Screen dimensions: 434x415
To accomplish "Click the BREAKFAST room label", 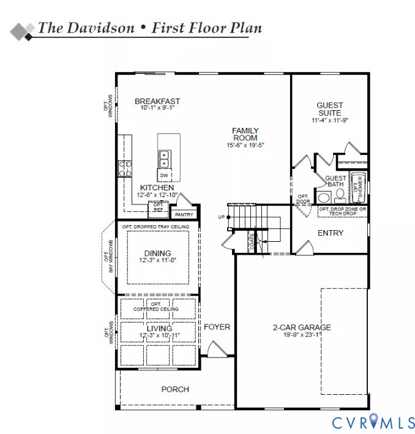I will tap(157, 102).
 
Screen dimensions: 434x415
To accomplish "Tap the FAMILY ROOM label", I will tap(245, 135).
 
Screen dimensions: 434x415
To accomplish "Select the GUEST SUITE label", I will tap(330, 109).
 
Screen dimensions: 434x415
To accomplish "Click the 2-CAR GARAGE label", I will tap(302, 327).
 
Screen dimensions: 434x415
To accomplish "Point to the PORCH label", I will tap(175, 389).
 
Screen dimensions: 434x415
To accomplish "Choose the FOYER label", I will tap(217, 327).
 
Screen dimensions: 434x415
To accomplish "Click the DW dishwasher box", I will tap(164, 176).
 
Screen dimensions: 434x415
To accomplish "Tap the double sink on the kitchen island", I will tap(165, 159).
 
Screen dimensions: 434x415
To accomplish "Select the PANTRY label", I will tap(184, 215).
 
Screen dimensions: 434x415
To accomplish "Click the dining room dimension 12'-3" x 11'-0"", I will tap(157, 260).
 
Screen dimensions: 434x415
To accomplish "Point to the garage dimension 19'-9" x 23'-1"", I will tap(302, 335).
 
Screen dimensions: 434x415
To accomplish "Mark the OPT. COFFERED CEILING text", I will tap(157, 307).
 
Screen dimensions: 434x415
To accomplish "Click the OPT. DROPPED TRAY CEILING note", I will tap(155, 227).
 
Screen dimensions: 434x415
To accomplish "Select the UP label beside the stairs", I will tap(221, 217).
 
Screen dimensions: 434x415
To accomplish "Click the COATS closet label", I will tap(252, 241).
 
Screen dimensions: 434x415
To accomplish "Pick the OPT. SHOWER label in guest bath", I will tap(358, 189).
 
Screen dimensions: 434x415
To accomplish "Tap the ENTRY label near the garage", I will tap(331, 233).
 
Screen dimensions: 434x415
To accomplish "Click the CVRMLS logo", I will tap(373, 422).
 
